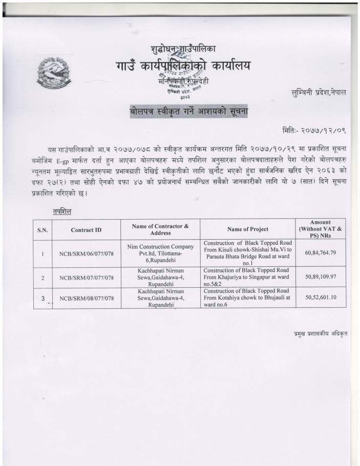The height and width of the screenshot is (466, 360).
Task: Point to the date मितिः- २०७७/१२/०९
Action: (x=314, y=131)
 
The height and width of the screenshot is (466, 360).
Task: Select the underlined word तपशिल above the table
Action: (x=61, y=211)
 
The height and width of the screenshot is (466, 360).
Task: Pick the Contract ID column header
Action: (x=86, y=230)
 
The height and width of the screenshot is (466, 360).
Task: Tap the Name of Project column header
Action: (x=247, y=229)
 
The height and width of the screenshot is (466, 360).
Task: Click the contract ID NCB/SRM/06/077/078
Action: (x=86, y=253)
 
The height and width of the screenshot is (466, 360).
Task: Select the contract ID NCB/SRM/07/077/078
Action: (x=86, y=278)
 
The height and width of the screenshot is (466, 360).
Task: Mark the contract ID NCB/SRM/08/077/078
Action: (x=86, y=298)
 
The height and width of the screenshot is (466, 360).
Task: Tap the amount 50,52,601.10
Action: (x=320, y=298)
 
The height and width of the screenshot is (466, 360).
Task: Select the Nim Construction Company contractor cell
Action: (x=160, y=253)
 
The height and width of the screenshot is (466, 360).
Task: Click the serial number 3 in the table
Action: (x=43, y=298)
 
